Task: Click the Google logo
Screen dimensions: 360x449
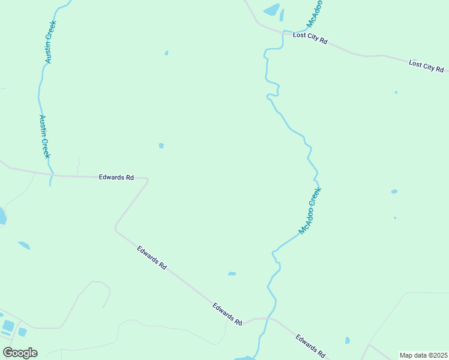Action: [x=20, y=352]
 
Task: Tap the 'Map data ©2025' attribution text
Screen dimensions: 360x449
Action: [x=423, y=355]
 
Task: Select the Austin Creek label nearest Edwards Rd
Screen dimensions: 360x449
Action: [x=44, y=136]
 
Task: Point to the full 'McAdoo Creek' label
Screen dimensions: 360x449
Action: [x=310, y=211]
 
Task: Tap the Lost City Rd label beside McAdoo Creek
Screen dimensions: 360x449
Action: [x=310, y=38]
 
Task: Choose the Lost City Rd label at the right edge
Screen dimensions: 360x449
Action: [x=426, y=65]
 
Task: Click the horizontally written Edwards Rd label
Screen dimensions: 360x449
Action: [x=116, y=178]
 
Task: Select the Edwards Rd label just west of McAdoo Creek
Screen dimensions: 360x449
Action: [x=227, y=314]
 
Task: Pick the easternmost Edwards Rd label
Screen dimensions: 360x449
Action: [x=310, y=346]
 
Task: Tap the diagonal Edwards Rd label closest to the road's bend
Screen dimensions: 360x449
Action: [x=151, y=257]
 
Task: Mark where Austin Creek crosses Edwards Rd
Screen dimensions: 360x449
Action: [x=51, y=176]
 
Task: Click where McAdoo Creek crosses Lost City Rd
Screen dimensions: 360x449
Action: [x=282, y=32]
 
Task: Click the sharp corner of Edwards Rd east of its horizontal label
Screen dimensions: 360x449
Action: [x=147, y=179]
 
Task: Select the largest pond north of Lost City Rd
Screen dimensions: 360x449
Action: [x=271, y=10]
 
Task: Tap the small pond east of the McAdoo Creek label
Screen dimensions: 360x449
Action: [x=394, y=191]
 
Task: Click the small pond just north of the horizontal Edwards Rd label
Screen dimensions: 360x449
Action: [x=161, y=145]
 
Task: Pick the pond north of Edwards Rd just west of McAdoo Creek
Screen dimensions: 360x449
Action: [x=232, y=274]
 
